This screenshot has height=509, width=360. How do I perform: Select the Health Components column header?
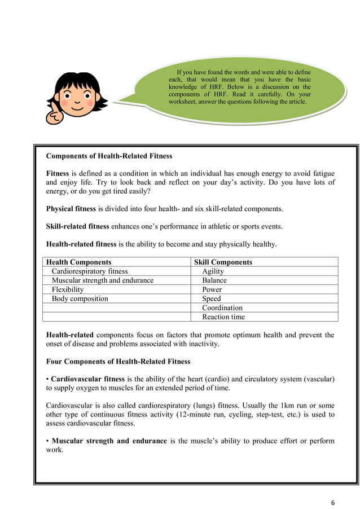pos(78,262)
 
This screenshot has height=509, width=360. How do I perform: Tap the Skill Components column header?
pos(223,262)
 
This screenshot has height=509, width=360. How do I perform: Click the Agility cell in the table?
pos(213,271)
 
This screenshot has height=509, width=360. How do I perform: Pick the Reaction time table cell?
pos(223,317)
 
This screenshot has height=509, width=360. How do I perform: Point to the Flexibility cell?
pos(68,289)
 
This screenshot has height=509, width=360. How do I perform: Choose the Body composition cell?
pos(80,299)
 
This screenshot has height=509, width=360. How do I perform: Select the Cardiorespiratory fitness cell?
pos(90,271)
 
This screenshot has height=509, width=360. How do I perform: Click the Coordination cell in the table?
pos(222,308)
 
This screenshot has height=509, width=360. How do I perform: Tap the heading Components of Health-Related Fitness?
pos(109,156)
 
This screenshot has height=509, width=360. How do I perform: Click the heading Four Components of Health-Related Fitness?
pos(118,361)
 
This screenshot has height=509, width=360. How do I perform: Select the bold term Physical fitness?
pos(71,209)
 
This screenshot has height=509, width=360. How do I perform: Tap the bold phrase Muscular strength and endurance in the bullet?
pos(109,441)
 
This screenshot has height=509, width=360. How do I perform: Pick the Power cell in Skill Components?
pos(212,289)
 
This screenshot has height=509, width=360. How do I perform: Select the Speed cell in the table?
pos(212,299)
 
